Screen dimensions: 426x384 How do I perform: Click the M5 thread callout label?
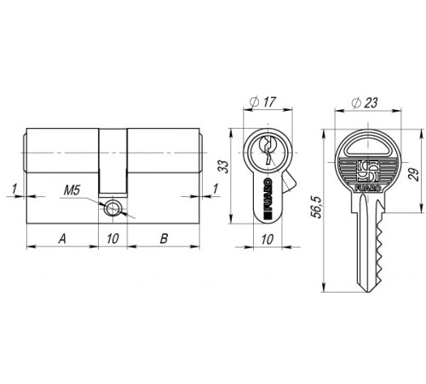point(72,190)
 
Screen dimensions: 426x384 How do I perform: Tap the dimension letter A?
point(62,238)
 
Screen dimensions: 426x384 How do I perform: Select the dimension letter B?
point(164,238)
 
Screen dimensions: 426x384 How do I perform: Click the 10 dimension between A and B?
point(112,238)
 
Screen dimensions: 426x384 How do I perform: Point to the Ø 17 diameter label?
point(262,102)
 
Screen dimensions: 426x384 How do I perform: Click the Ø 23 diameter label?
point(364,102)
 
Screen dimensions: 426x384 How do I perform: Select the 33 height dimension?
point(223,166)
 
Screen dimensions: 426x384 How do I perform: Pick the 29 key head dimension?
point(414,174)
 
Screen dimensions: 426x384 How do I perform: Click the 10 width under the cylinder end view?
point(268,240)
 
